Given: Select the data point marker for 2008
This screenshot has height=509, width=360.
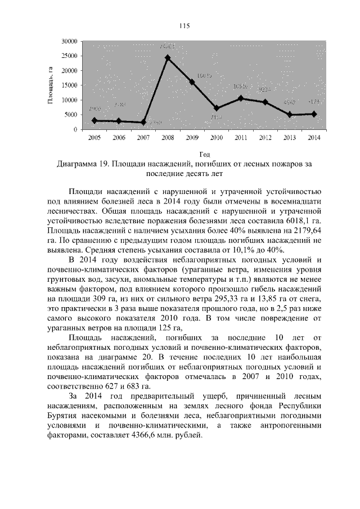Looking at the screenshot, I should pos(168,57).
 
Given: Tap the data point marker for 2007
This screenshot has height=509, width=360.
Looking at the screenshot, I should pos(143,122).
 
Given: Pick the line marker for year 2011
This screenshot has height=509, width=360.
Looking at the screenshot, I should pos(240,98).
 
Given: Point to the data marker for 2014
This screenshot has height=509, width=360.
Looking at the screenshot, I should pos(314,114).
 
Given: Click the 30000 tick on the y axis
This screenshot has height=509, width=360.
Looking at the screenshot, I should pos(70,41).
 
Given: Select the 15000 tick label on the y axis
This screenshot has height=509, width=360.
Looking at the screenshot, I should pos(70,85).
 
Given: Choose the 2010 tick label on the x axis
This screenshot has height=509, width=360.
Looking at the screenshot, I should pos(216,137).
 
